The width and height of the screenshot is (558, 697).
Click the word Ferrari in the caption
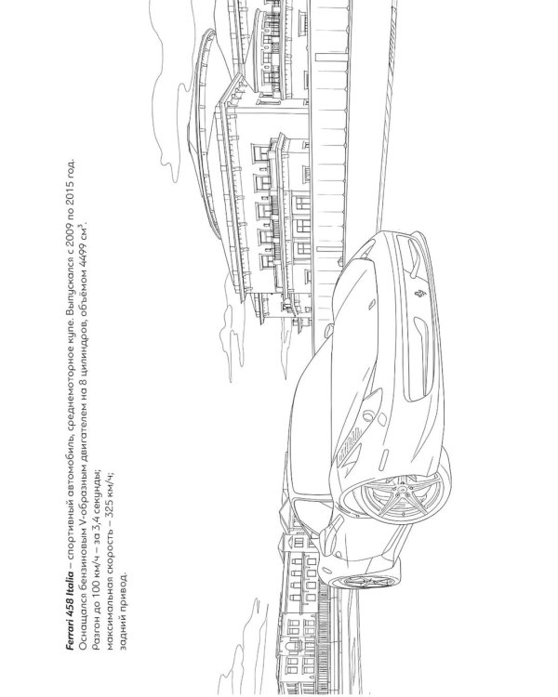71,638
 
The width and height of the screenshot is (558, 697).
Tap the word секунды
98,489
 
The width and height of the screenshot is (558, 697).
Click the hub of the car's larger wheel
403,489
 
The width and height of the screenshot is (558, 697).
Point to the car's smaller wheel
365,579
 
